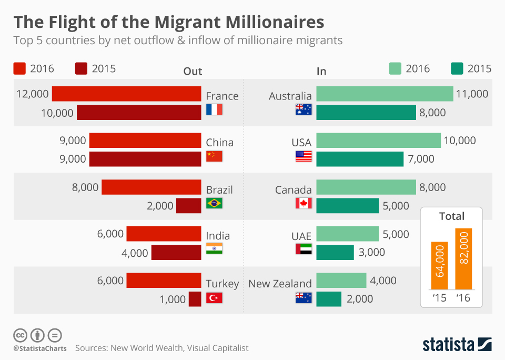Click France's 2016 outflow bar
(x=126, y=94)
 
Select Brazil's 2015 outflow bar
(x=188, y=206)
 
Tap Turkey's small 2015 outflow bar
(x=195, y=299)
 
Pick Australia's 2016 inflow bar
(x=385, y=94)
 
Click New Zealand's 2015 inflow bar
(x=329, y=299)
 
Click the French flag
(x=214, y=109)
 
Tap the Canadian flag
(x=304, y=203)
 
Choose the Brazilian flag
(x=214, y=203)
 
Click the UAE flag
(x=304, y=249)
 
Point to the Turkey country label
(x=222, y=284)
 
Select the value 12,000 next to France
(x=33, y=94)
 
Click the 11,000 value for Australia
(x=472, y=94)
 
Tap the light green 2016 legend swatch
(x=395, y=68)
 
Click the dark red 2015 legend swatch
(x=81, y=68)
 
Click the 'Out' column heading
(x=193, y=72)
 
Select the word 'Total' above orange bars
(x=452, y=216)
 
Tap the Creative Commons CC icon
(x=21, y=335)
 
